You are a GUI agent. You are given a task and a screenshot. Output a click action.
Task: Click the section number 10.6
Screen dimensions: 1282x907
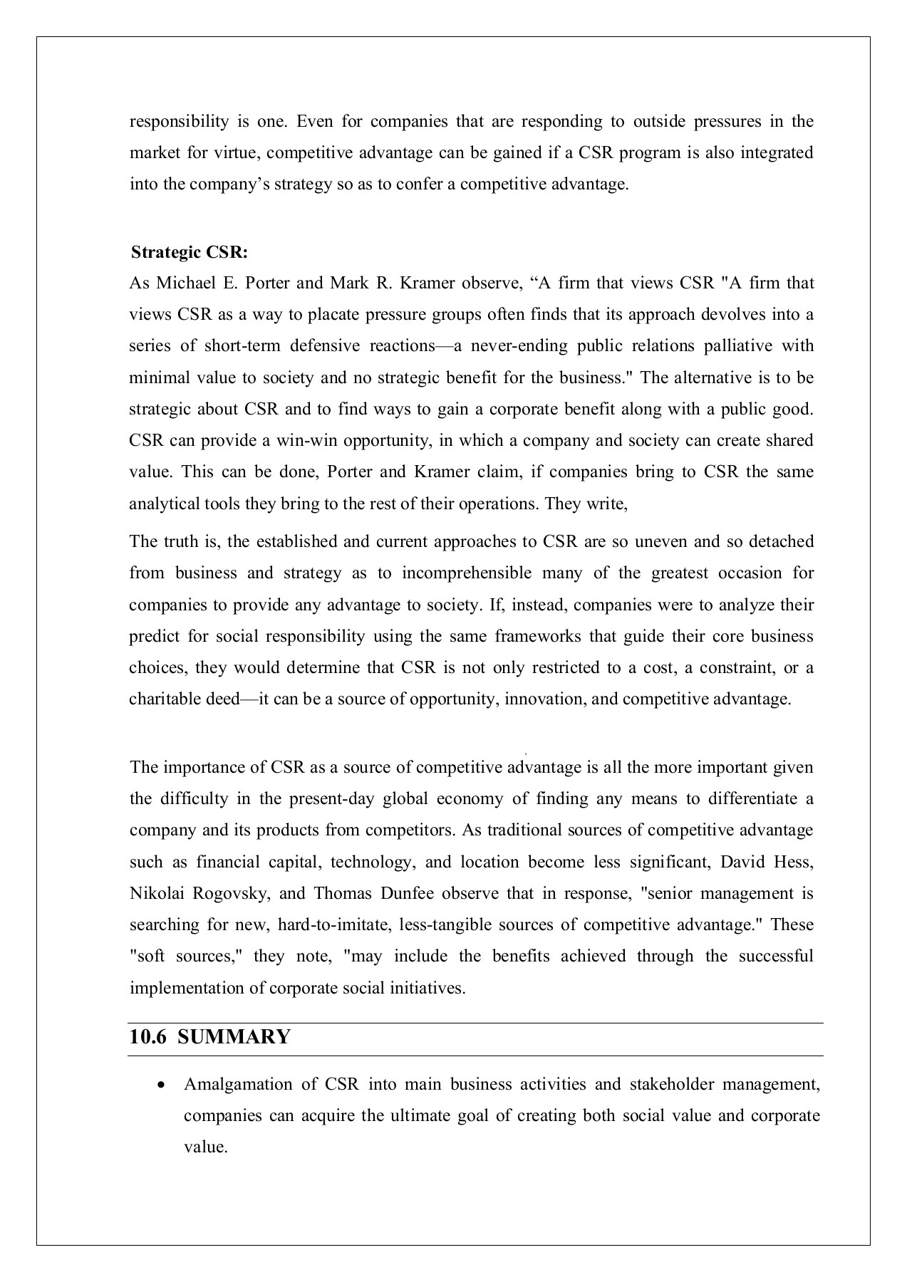147,1036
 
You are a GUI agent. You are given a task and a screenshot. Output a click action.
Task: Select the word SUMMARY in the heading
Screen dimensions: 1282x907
234,1036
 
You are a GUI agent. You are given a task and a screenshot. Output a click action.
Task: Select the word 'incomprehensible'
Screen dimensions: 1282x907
467,573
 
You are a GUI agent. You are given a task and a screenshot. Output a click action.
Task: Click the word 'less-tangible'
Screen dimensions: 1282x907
444,924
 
